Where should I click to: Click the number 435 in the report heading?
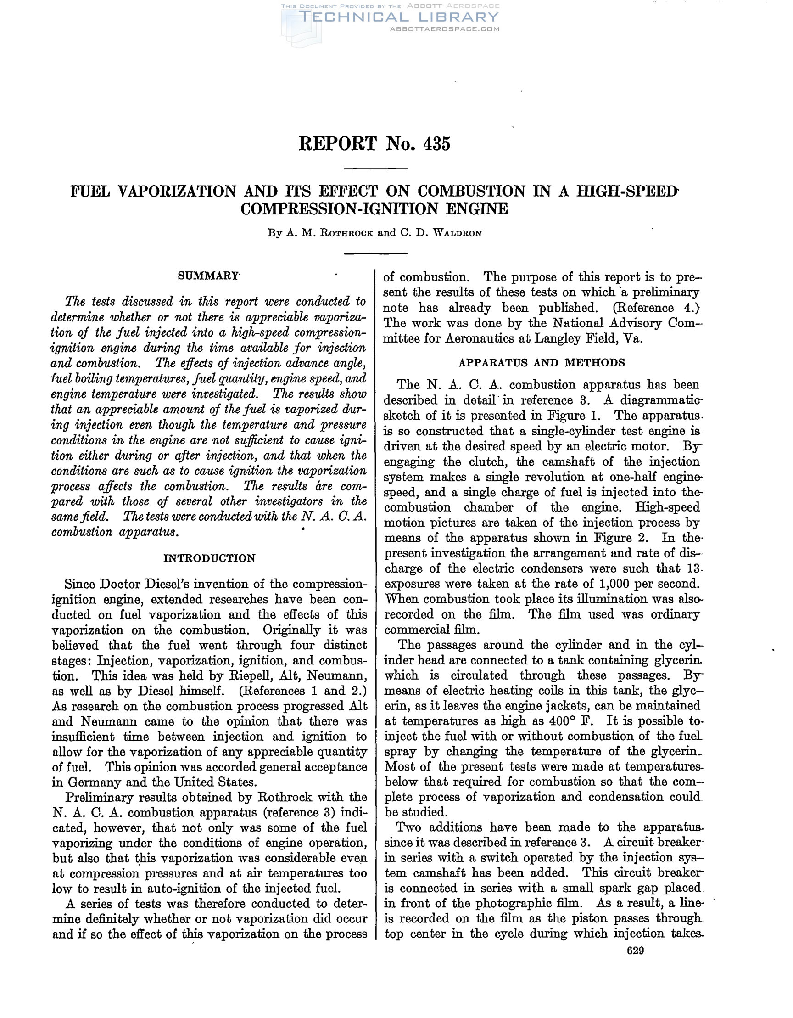(x=436, y=144)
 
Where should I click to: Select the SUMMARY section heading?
(x=208, y=276)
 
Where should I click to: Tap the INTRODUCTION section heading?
(x=210, y=558)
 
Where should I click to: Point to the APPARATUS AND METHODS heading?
(x=542, y=363)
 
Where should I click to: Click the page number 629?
(x=636, y=951)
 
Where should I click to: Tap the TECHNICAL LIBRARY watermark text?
(x=398, y=17)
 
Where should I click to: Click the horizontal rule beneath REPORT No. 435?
(x=375, y=169)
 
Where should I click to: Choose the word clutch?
(x=477, y=462)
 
